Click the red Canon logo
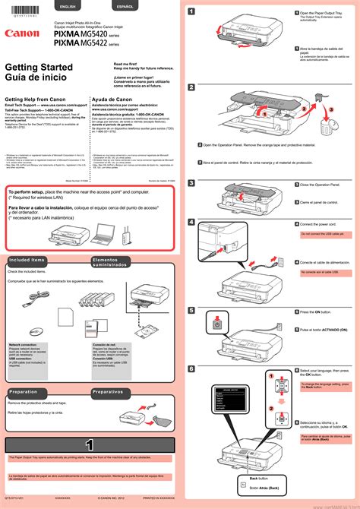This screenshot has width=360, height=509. point(21,33)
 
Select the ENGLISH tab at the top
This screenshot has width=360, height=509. point(68,6)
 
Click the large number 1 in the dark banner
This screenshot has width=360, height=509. point(90,444)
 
